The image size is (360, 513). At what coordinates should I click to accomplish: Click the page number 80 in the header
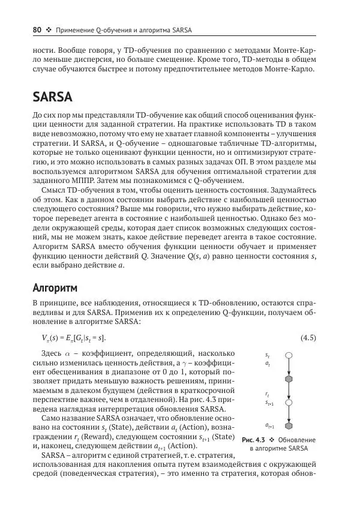(x=37, y=30)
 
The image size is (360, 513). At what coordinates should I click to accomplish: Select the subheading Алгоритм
(x=55, y=287)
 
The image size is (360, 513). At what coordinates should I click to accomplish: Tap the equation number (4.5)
(x=308, y=338)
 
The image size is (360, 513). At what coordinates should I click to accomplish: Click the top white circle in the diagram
(x=289, y=355)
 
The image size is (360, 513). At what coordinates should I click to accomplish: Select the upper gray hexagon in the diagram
(x=289, y=379)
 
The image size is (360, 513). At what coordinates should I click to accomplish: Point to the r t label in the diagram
(x=267, y=394)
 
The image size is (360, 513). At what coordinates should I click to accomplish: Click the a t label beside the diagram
(x=267, y=364)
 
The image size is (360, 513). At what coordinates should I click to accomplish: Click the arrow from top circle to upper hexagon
(x=289, y=367)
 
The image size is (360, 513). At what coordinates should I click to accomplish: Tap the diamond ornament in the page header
(x=49, y=30)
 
